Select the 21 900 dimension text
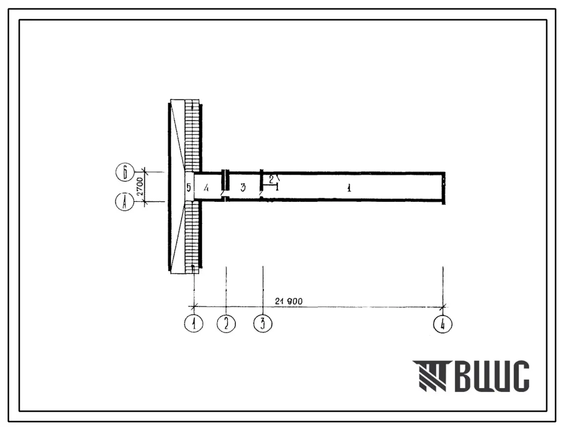coord(289,301)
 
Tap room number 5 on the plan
coord(188,187)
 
